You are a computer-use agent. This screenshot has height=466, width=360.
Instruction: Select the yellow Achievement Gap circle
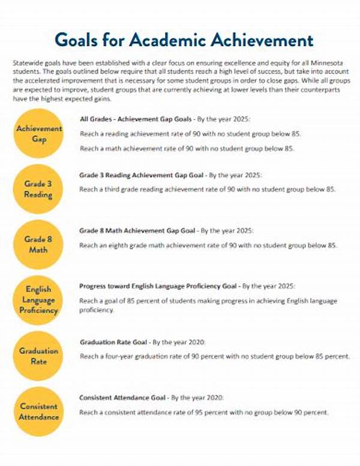pos(39,134)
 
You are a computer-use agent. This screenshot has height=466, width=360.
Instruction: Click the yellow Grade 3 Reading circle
pos(39,189)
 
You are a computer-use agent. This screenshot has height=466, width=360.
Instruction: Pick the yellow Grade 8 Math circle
pos(39,243)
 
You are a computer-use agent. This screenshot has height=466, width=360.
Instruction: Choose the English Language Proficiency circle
pos(39,300)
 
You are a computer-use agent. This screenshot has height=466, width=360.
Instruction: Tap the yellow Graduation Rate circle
pos(39,356)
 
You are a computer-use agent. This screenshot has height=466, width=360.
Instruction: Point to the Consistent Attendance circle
pos(39,411)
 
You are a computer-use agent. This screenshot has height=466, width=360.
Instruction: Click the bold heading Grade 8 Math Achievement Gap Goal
pos(137,231)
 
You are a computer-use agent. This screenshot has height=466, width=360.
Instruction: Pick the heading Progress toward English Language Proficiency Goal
pos(159,286)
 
